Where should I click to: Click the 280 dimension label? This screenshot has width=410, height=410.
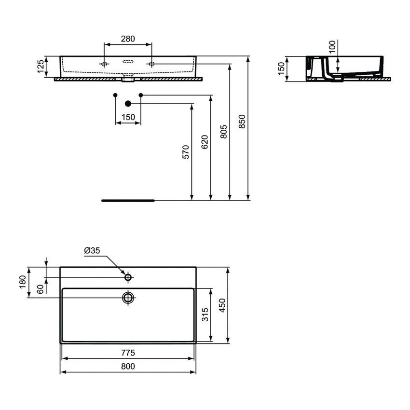(128, 39)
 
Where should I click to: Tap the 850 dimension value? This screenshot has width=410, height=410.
(243, 122)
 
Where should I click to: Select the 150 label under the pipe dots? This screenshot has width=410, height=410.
(128, 117)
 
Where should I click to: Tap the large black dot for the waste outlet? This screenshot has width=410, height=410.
(128, 103)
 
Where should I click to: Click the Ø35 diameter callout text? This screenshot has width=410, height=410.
(92, 251)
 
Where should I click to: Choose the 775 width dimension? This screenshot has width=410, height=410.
(128, 353)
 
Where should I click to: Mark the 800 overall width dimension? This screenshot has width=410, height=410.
(128, 366)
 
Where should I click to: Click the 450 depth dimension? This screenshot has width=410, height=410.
(222, 305)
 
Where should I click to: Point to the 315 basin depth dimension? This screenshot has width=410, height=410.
(205, 315)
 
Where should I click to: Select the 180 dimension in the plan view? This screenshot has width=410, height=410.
(22, 282)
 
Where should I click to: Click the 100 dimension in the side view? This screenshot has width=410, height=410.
(332, 48)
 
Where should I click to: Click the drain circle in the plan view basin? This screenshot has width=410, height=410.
(128, 297)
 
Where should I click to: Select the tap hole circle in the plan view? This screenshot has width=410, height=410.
(128, 277)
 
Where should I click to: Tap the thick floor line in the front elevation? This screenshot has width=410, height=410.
(128, 199)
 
